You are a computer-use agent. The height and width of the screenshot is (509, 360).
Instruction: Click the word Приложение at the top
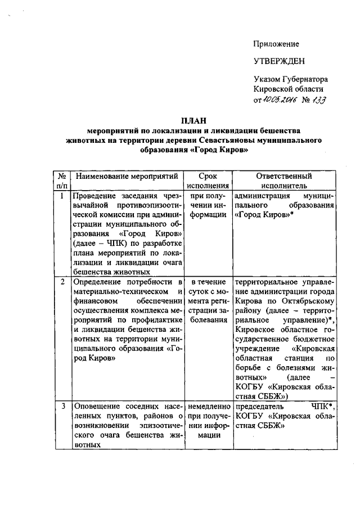276,44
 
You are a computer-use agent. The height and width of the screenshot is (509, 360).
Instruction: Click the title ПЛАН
193,120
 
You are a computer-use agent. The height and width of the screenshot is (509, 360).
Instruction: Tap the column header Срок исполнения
208,182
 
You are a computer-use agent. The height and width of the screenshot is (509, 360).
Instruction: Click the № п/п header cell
61,182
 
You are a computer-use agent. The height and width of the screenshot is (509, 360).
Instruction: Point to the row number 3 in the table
61,406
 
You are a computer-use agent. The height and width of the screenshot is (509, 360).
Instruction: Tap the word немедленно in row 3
208,406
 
